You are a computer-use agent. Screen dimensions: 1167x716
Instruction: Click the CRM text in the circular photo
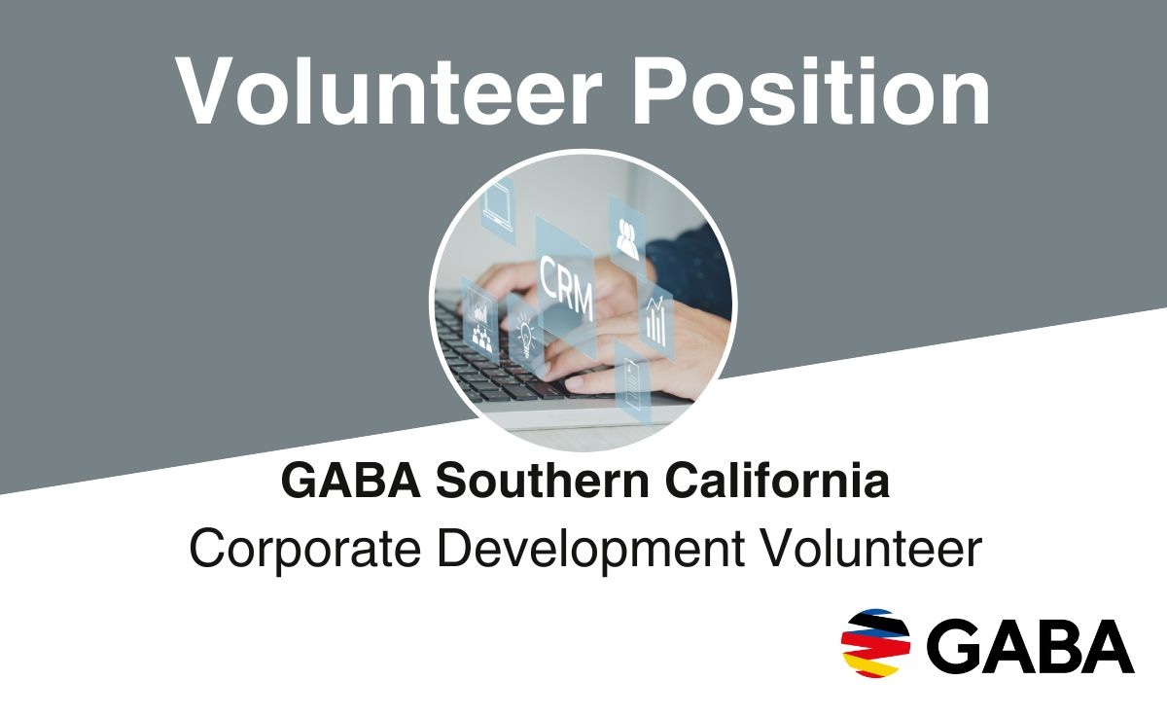pos(566,287)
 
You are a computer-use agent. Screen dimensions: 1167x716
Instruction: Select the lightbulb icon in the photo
pos(526,334)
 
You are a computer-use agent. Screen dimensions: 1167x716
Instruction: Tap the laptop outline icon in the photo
pos(498,206)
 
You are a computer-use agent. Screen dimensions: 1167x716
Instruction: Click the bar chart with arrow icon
pos(656,321)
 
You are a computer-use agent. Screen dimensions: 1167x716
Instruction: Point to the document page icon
pos(632,384)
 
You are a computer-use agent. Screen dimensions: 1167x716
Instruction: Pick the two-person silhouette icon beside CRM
pos(626,239)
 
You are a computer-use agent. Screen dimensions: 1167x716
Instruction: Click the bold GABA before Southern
pos(351,481)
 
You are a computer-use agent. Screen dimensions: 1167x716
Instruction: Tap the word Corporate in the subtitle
pos(304,551)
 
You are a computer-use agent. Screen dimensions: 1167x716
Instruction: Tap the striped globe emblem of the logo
pos(876,643)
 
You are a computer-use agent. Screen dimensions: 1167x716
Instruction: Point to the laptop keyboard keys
pos(515,365)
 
